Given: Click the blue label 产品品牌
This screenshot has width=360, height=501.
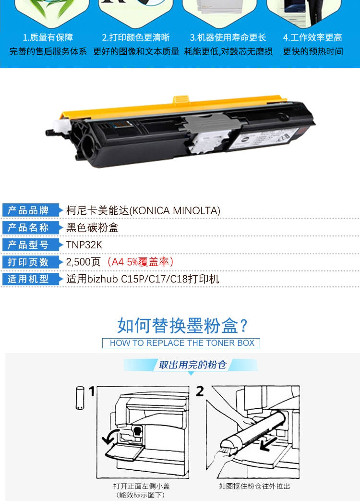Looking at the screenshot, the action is [28, 210].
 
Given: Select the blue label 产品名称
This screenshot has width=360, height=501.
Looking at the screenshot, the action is [28, 228].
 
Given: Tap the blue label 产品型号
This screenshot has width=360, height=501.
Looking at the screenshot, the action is [28, 245].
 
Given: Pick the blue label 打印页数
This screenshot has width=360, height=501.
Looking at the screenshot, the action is [28, 262].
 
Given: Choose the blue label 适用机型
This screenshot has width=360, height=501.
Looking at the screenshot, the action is [28, 279].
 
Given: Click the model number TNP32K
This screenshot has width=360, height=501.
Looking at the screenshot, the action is [84, 245].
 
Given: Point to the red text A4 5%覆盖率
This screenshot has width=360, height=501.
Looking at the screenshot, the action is [141, 262].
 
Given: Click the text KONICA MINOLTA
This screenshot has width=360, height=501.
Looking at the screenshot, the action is [175, 211].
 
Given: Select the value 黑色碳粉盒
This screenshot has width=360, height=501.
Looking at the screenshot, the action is [92, 228].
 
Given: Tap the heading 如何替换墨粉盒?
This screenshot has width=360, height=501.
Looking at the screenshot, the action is [182, 326].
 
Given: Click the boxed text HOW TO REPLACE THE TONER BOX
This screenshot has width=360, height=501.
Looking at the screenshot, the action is [182, 343].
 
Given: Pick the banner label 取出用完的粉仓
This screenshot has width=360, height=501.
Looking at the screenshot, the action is [192, 365].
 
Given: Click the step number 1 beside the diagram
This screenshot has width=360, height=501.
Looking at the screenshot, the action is [92, 391].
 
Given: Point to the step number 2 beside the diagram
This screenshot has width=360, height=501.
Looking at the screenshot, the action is [200, 391].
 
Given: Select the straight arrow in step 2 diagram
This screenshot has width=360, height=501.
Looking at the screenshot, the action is [267, 444].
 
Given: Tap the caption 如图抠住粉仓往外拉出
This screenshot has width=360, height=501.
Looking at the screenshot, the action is [254, 486].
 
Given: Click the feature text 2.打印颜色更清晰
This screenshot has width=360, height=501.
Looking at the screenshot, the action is [136, 37].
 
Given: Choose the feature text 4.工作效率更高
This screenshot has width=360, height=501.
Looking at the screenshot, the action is [312, 37].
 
